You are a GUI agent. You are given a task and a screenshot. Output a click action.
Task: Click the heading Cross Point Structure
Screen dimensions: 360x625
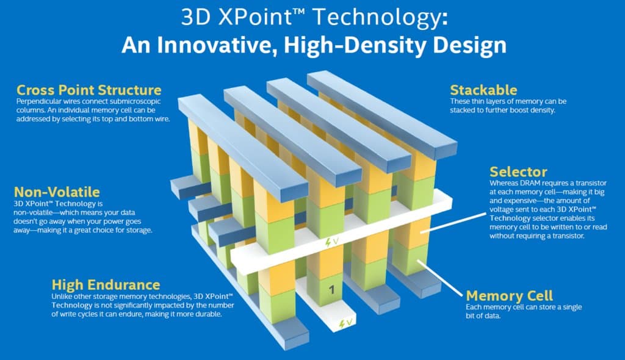89,90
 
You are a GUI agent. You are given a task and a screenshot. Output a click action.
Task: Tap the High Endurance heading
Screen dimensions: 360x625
106,284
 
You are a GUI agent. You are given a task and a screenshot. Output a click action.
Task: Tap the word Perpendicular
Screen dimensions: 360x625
36,100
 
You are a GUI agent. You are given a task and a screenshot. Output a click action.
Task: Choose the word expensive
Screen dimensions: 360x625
515,201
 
